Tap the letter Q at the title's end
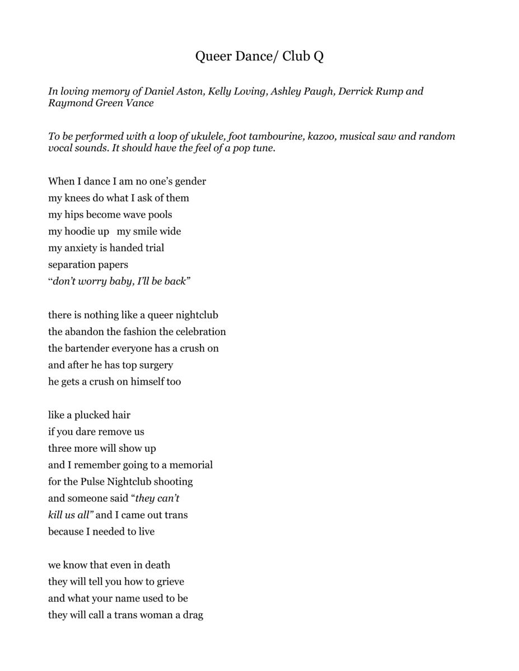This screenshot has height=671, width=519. (x=318, y=56)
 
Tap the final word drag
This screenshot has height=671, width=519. (x=193, y=615)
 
